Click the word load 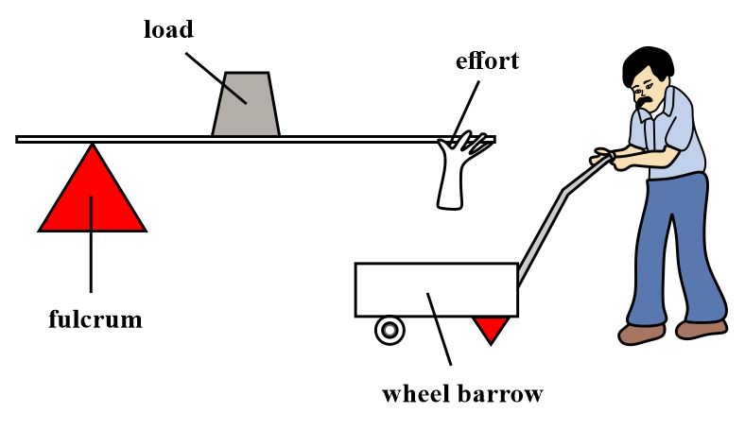[168, 29]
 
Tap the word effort [487, 63]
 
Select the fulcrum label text [95, 319]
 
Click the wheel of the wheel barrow [389, 330]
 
